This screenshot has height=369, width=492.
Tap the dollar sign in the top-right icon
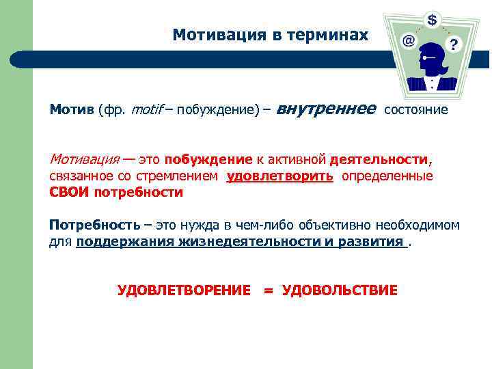click(433, 20)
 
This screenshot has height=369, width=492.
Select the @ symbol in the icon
click(408, 41)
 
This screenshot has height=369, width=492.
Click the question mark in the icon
click(454, 45)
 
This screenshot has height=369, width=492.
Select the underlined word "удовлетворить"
click(280, 176)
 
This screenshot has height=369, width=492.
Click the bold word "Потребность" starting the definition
click(94, 225)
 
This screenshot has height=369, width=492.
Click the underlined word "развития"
click(371, 241)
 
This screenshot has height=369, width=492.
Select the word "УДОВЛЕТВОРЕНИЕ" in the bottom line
click(184, 290)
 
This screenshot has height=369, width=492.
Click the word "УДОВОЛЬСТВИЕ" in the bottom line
click(340, 290)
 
